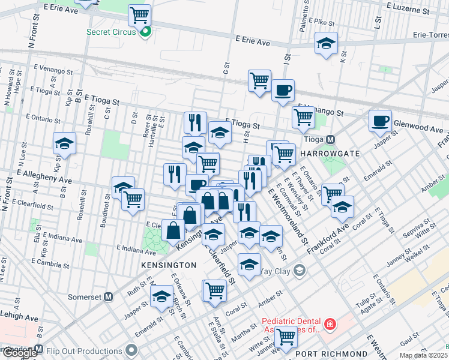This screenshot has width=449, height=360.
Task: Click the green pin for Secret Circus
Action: point(144,32)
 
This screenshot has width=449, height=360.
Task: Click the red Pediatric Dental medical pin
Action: point(330,325)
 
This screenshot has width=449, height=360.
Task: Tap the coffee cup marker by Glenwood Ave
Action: point(380,121)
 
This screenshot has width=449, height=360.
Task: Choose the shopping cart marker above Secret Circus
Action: point(140,14)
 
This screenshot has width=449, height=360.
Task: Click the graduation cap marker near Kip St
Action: point(64,143)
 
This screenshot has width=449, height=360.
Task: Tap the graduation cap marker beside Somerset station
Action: point(161,297)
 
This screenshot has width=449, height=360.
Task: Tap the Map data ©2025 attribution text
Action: point(424,355)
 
